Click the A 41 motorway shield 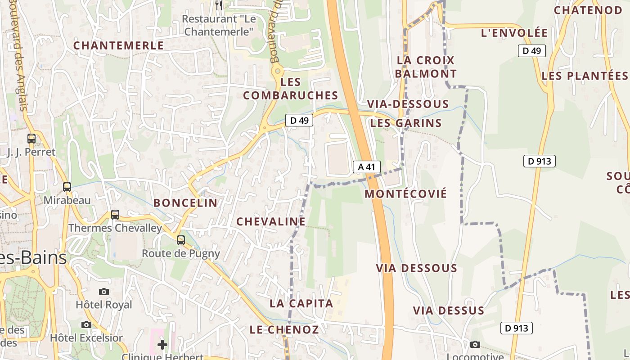[x=366, y=167]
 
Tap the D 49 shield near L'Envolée [x=531, y=51]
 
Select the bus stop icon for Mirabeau [x=67, y=187]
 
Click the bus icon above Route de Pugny [x=181, y=240]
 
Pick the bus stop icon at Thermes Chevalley [x=115, y=215]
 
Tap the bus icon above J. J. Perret [x=31, y=139]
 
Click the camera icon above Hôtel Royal [x=104, y=292]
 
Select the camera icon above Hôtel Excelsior [x=86, y=324]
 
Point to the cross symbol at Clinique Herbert [x=162, y=345]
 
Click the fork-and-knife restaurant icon [x=219, y=5]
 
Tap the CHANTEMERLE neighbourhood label [x=118, y=45]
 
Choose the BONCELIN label [x=185, y=203]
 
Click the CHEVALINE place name [x=271, y=221]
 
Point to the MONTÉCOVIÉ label [x=406, y=194]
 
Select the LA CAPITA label [x=301, y=303]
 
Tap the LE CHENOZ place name [x=284, y=329]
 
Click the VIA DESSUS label [x=449, y=310]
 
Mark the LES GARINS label [x=406, y=123]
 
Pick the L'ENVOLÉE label [x=514, y=33]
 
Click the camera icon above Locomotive [x=475, y=345]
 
